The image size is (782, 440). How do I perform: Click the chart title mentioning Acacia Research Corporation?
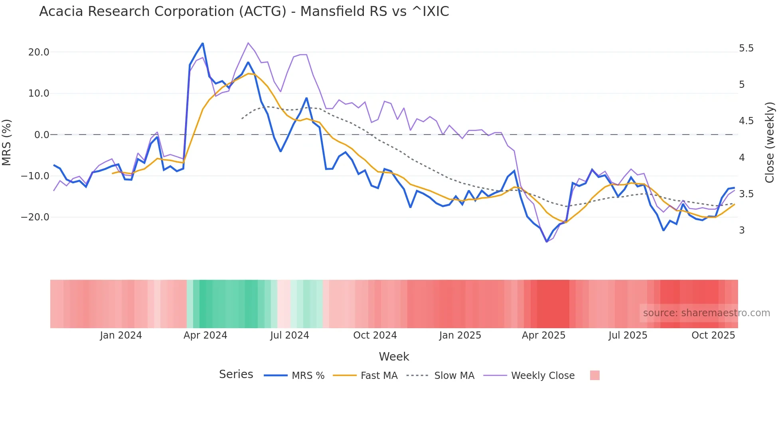coord(244,12)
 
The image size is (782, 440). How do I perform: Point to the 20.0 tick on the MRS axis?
coord(39,52)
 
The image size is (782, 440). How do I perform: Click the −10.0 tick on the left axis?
coord(35,176)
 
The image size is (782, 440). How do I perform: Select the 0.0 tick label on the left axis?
coord(41,135)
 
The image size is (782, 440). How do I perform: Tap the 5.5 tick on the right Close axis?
coord(746,48)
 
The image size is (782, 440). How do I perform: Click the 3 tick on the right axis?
coord(742,230)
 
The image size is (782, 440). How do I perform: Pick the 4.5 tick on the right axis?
coord(746,121)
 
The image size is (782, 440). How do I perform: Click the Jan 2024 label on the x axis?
coord(120,335)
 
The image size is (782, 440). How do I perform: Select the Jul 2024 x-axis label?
coord(289,335)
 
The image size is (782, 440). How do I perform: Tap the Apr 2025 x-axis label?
coord(543,335)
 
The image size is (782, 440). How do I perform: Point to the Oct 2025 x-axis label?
coord(713,335)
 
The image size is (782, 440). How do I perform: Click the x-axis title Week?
coord(394,357)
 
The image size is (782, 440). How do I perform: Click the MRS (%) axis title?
coord(7,142)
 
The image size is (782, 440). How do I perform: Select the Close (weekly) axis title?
coord(770,143)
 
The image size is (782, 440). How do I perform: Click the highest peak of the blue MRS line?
coord(203,43)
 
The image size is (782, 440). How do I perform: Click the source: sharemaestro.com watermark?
coord(706,313)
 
